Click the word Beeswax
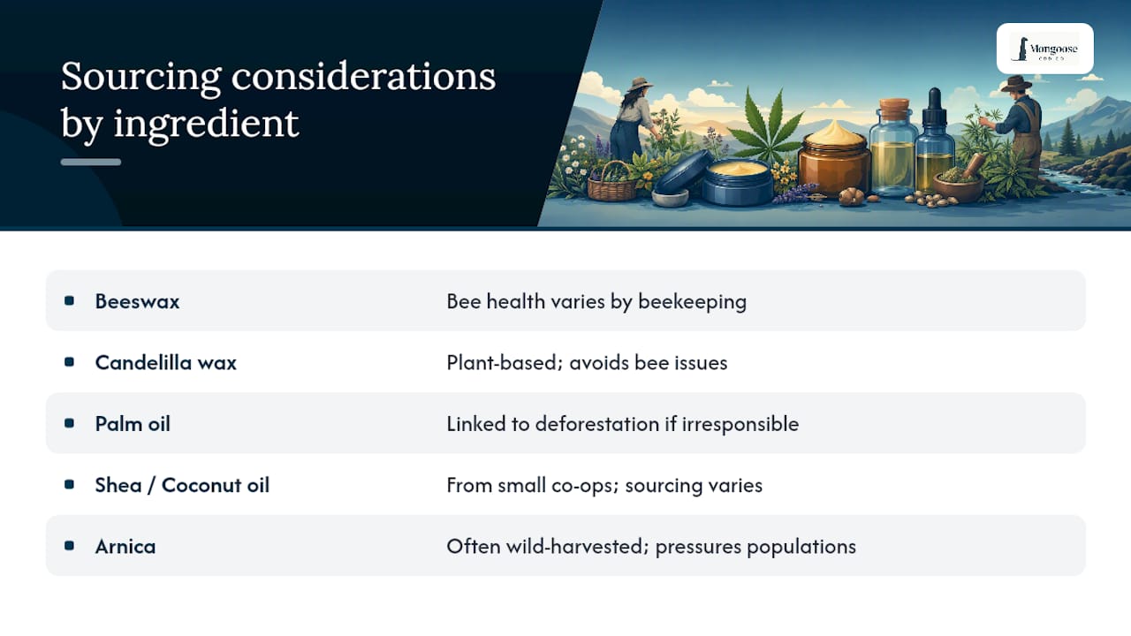(137, 301)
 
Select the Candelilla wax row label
(165, 362)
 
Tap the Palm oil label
(133, 424)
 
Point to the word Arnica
(125, 546)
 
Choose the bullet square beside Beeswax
(69, 301)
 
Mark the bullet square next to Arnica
(69, 546)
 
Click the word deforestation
(597, 424)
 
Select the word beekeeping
(692, 302)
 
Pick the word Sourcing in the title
(140, 77)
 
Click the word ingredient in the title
(206, 123)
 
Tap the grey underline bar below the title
(91, 162)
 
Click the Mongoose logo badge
(1044, 49)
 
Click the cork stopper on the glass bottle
(894, 109)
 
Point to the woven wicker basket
(611, 183)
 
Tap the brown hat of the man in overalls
(1016, 84)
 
